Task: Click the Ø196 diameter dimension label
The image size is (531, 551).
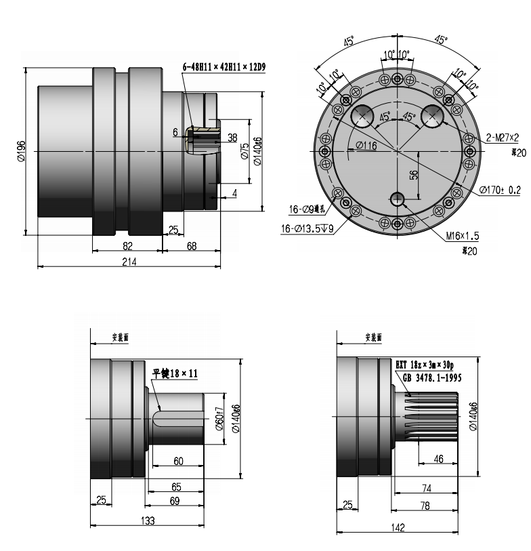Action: tap(21, 150)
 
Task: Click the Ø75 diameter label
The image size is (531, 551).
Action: tap(245, 150)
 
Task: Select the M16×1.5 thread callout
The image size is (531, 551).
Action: tap(463, 237)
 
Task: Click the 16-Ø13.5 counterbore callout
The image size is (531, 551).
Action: tap(308, 228)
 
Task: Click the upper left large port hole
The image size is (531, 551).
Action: tap(364, 117)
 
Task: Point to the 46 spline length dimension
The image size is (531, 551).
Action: tap(438, 459)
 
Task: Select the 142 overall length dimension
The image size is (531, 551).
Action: tap(398, 526)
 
